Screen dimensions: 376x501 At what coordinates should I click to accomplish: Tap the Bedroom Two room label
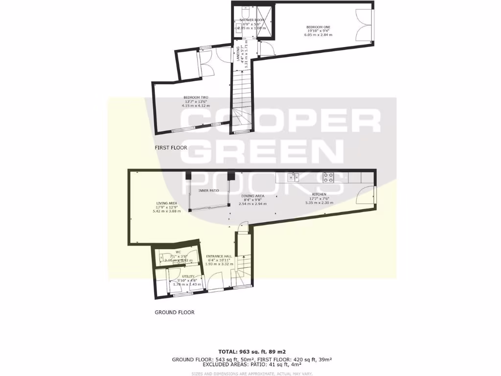pos(196,97)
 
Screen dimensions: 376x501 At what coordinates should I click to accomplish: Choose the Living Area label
pos(166,203)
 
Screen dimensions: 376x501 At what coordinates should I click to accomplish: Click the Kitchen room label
pos(319,194)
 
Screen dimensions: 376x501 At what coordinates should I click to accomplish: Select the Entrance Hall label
pos(218,256)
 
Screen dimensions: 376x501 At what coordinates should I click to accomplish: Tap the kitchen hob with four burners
pos(328,177)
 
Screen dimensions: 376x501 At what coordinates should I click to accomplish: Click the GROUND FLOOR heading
pos(175,312)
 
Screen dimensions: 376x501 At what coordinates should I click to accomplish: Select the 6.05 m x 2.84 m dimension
pos(318,35)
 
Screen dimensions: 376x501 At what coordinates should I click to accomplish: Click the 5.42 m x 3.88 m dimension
pos(167,211)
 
